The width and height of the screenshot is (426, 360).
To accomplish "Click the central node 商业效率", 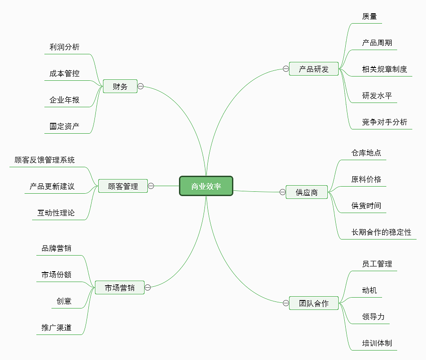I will click(x=206, y=186).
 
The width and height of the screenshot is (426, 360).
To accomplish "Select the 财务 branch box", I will click(x=120, y=86).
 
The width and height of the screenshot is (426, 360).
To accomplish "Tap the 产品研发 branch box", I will click(x=314, y=69).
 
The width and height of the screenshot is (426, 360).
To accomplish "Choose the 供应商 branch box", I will click(x=307, y=192).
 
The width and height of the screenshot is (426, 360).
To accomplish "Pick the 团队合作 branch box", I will click(x=314, y=303).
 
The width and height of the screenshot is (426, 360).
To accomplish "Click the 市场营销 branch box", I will click(x=119, y=287).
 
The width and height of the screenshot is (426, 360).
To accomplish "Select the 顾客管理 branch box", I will click(x=123, y=186).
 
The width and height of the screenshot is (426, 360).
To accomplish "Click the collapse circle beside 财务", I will click(x=141, y=86).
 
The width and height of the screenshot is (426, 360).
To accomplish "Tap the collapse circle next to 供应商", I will click(x=282, y=192).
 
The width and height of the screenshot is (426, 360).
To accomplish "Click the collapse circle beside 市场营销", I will click(x=148, y=287).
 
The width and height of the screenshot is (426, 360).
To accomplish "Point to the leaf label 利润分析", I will click(x=65, y=47).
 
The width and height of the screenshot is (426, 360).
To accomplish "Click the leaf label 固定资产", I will click(x=65, y=126).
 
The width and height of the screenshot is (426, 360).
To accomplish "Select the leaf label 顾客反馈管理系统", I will click(x=44, y=160).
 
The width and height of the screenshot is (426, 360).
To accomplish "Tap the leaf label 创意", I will click(x=64, y=301).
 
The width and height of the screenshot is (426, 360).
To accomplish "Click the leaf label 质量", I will click(x=369, y=16).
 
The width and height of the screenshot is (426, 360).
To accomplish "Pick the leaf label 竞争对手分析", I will click(x=384, y=122).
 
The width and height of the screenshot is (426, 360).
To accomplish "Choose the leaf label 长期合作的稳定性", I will click(x=381, y=232).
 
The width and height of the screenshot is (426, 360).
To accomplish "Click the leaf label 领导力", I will click(x=373, y=317).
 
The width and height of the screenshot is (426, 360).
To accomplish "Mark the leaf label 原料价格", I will click(x=366, y=179).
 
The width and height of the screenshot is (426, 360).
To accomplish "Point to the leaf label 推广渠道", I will click(x=57, y=327).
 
